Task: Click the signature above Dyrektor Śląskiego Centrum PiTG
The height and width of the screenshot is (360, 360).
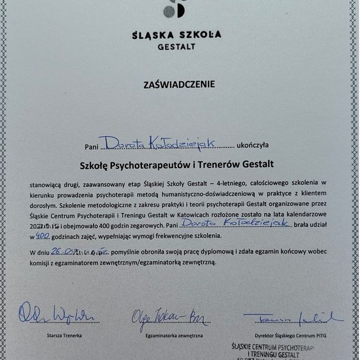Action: tap(292, 317)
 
